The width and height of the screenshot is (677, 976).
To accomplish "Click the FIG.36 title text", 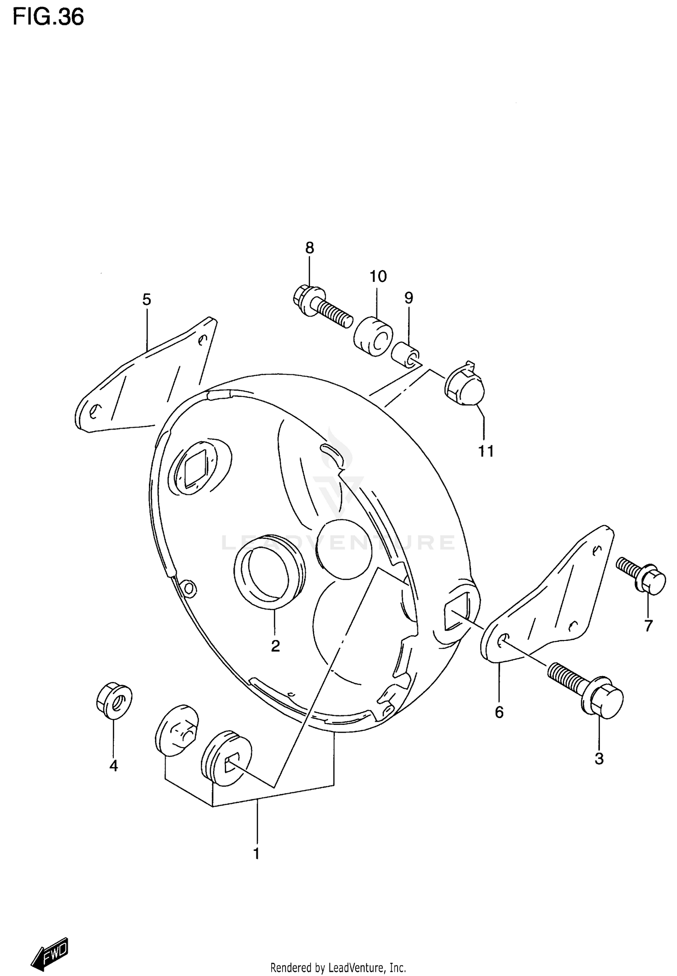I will [x=48, y=18].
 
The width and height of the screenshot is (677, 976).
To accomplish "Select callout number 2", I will [x=275, y=646].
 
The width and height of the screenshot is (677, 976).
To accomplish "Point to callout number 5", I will [x=147, y=299].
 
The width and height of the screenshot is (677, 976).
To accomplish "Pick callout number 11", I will [x=486, y=451].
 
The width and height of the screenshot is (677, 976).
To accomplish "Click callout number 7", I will [x=649, y=626].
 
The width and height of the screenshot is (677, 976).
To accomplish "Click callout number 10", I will [x=378, y=276].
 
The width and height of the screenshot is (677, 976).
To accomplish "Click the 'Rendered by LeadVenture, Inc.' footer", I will [x=338, y=967].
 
